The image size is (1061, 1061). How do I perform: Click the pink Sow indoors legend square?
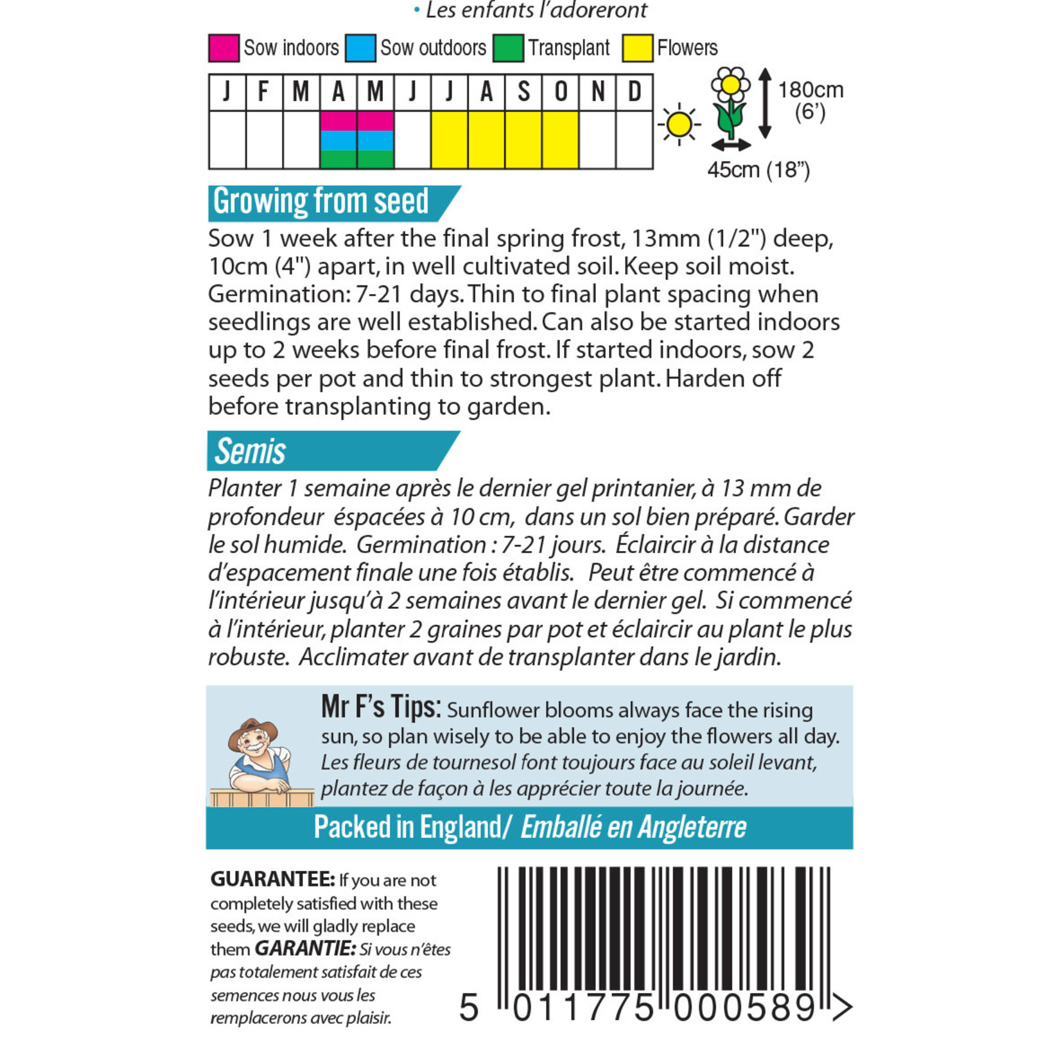pyautogui.click(x=224, y=48)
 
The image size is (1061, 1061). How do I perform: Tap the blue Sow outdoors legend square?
pyautogui.click(x=360, y=48)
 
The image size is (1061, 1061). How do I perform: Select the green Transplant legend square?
pyautogui.click(x=508, y=48)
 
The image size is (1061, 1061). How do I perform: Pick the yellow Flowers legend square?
pyautogui.click(x=638, y=48)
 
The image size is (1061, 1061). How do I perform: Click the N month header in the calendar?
pyautogui.click(x=597, y=92)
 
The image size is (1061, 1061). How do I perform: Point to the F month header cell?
pyautogui.click(x=264, y=92)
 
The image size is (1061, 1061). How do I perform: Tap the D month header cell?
pyautogui.click(x=635, y=92)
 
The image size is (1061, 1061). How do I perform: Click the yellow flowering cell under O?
pyautogui.click(x=561, y=140)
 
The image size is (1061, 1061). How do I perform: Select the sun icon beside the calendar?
pyautogui.click(x=679, y=124)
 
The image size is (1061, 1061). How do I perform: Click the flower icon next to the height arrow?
pyautogui.click(x=731, y=103)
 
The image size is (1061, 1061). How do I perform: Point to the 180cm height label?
pyautogui.click(x=811, y=90)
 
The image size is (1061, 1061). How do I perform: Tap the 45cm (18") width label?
pyautogui.click(x=758, y=170)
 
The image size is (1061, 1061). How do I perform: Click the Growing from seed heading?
pyautogui.click(x=320, y=202)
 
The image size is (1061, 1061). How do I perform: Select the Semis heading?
pyautogui.click(x=250, y=451)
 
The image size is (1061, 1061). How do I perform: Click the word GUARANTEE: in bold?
pyautogui.click(x=272, y=879)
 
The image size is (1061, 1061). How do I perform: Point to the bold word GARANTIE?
pyautogui.click(x=305, y=949)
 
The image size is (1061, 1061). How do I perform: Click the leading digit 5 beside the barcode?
pyautogui.click(x=469, y=1008)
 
